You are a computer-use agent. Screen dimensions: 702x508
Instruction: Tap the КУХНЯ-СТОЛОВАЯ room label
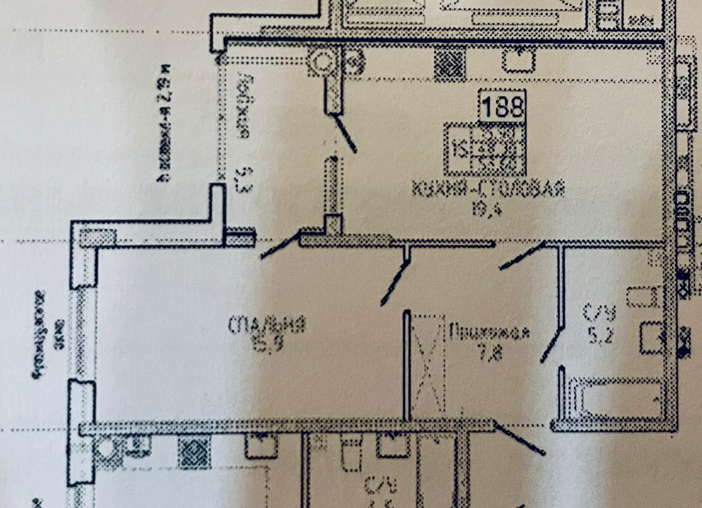489,190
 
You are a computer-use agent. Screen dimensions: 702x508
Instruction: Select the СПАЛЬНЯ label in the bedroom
267,325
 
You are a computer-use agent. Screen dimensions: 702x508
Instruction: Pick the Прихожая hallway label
490,332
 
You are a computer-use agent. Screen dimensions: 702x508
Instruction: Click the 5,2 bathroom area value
600,332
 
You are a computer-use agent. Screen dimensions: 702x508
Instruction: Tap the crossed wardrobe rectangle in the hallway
428,363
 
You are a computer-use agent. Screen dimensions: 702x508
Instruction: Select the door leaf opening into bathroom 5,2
552,346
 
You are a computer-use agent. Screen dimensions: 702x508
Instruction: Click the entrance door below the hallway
519,439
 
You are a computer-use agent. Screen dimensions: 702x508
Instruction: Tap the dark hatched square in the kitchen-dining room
450,64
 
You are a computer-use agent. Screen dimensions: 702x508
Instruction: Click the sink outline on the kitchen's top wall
518,59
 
